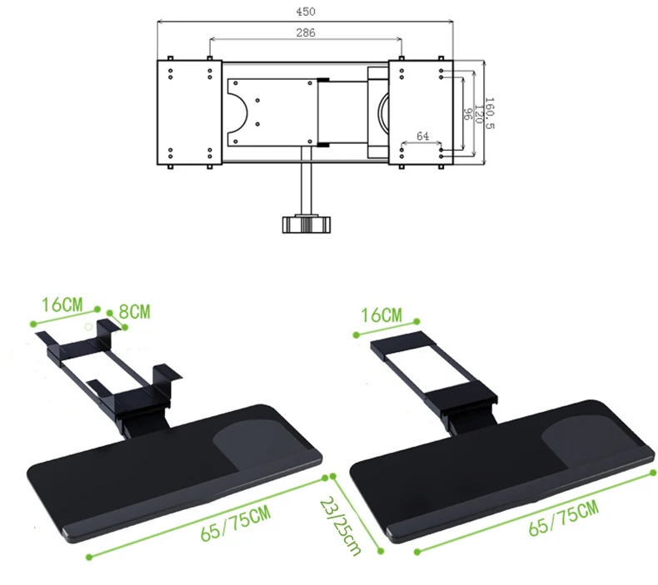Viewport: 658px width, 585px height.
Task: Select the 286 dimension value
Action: pyautogui.click(x=306, y=32)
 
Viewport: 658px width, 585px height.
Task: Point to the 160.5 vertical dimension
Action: pyautogui.click(x=490, y=115)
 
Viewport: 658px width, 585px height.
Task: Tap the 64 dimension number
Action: pyautogui.click(x=422, y=136)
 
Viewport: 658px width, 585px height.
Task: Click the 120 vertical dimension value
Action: pyautogui.click(x=478, y=114)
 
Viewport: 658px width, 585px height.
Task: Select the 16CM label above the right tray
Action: pyautogui.click(x=382, y=315)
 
